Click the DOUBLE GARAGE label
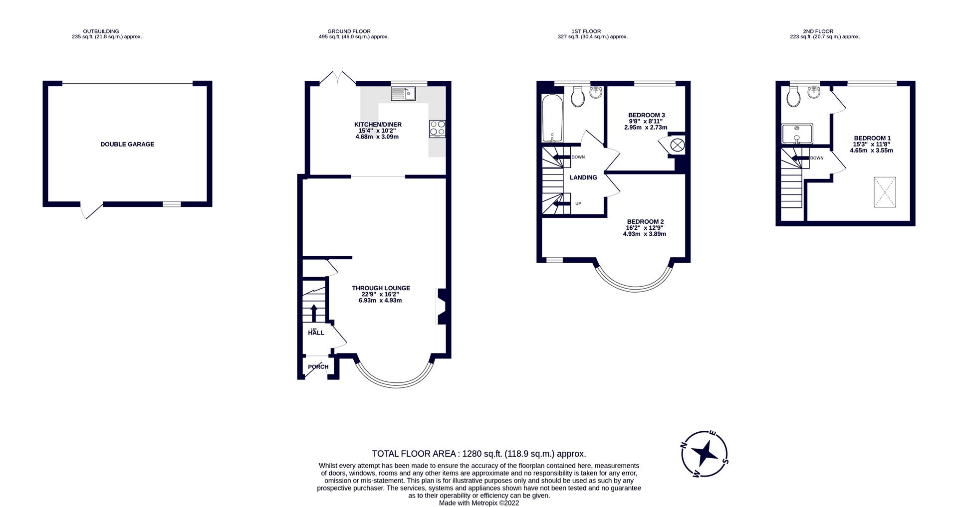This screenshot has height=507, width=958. point(127,144)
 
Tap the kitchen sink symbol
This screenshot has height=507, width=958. point(403,93)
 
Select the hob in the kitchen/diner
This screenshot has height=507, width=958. point(437,129)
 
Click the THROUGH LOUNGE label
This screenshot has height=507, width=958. point(381,288)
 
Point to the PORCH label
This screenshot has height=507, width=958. point(318,367)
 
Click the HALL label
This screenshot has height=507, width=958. point(316,333)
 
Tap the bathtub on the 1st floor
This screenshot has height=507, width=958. point(552,118)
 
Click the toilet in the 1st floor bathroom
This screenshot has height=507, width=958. point(578,97)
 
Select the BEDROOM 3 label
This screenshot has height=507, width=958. point(646,115)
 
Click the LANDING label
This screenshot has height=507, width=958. point(583,177)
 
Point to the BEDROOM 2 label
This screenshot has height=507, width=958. point(645,222)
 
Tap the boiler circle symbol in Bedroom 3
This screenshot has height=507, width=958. point(677,146)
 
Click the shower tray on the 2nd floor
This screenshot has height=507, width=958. point(797,134)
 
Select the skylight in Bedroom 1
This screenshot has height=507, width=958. point(885,192)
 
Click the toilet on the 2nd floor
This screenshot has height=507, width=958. point(793,97)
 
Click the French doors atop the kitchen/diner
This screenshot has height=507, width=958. point(338,78)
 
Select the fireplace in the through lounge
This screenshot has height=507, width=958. point(442,307)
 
